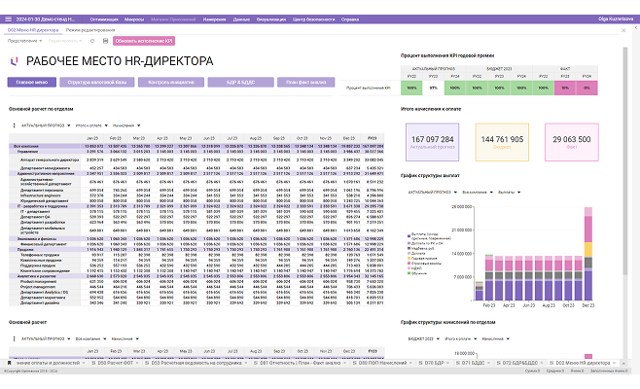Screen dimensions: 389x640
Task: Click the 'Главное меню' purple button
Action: (x=33, y=84)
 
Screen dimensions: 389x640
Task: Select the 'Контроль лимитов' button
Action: (x=170, y=84)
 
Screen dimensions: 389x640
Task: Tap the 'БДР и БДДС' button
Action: (x=238, y=84)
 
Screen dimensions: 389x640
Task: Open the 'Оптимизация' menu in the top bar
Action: (x=105, y=19)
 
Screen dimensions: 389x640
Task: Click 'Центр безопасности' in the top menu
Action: (x=314, y=19)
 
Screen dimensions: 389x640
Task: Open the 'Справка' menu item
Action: (x=361, y=19)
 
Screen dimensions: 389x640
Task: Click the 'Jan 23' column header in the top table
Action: (x=93, y=139)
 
